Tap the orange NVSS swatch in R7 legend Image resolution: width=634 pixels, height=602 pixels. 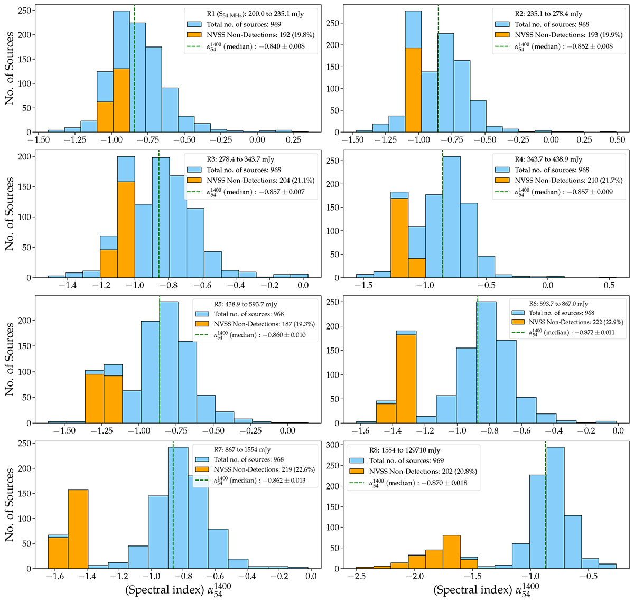(x=203, y=470)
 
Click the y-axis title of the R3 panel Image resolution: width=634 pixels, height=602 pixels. (x=10, y=213)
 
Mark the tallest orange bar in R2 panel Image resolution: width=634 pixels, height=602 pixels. (x=413, y=90)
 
